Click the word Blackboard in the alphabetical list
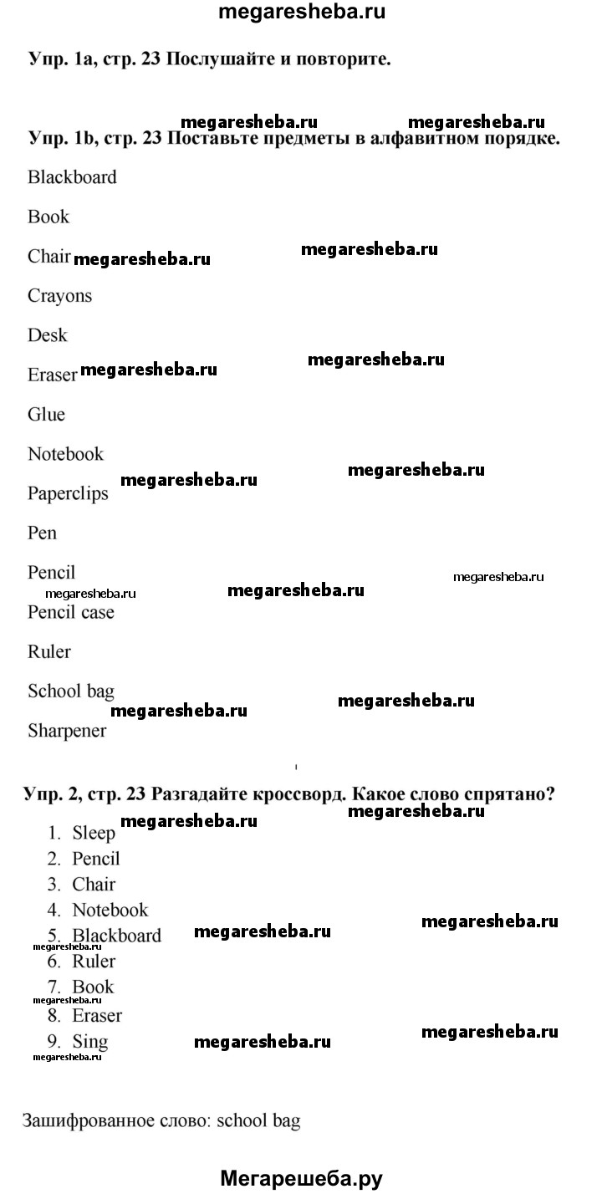pyautogui.click(x=72, y=177)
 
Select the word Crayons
pyautogui.click(x=59, y=296)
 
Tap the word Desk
pyautogui.click(x=47, y=335)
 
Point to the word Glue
pyautogui.click(x=46, y=415)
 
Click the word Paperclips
pyautogui.click(x=68, y=493)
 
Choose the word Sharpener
pyautogui.click(x=67, y=731)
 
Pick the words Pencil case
pyautogui.click(x=70, y=612)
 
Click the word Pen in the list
pyautogui.click(x=42, y=533)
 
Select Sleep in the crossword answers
pyautogui.click(x=94, y=833)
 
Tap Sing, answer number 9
pyautogui.click(x=90, y=1042)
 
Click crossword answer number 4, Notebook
pyautogui.click(x=110, y=910)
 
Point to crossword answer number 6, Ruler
pyautogui.click(x=94, y=962)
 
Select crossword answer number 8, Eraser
pyautogui.click(x=97, y=1016)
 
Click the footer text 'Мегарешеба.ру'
pyautogui.click(x=301, y=1179)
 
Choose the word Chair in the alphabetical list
pyautogui.click(x=48, y=257)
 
